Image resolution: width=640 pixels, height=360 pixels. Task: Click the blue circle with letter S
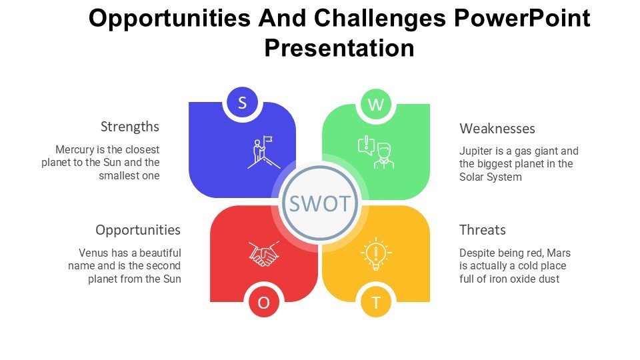tap(242, 103)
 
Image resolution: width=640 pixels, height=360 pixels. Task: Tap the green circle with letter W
tap(376, 105)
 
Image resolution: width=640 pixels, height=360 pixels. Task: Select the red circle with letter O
tap(264, 303)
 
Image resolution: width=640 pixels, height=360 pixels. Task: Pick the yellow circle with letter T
tap(376, 303)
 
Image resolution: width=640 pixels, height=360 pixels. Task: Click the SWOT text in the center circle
tap(320, 203)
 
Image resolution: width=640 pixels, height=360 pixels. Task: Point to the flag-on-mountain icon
tap(264, 152)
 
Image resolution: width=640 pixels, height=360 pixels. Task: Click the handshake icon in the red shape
tap(264, 254)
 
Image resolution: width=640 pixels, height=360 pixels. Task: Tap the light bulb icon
tap(376, 253)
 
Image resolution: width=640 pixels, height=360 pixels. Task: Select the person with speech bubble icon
tap(376, 152)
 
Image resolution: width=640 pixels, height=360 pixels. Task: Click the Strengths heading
tap(130, 127)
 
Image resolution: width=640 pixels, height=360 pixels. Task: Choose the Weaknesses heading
tap(497, 129)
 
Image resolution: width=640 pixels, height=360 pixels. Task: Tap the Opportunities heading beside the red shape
tap(138, 230)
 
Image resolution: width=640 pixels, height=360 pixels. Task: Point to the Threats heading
tap(483, 230)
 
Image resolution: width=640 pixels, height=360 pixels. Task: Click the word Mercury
tap(75, 149)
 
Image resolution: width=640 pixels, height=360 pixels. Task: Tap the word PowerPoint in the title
tap(522, 19)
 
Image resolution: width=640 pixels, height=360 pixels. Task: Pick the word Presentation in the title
tap(339, 48)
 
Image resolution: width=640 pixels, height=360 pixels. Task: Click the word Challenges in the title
tap(379, 19)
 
